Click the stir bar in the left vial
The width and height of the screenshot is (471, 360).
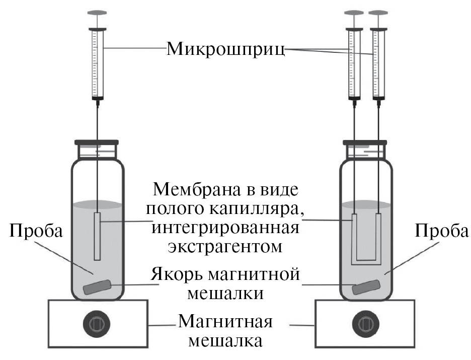click(97, 287)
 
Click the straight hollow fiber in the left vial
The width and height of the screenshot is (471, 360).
click(97, 236)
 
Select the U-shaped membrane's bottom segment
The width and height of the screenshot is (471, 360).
click(366, 262)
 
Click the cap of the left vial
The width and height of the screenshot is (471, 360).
click(96, 143)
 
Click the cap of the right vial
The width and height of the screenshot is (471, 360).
click(365, 143)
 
